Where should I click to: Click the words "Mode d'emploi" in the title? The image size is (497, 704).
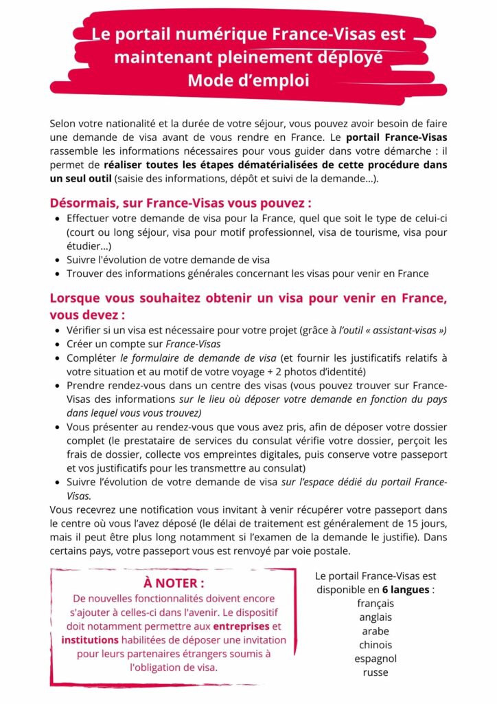click(x=248, y=80)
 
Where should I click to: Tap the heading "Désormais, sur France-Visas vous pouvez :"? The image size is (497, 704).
click(x=181, y=203)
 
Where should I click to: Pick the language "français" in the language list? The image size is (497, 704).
click(x=375, y=603)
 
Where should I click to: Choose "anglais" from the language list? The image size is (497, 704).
click(x=375, y=617)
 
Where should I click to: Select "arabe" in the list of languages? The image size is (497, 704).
click(x=375, y=630)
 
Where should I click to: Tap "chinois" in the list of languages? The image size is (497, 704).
click(x=375, y=644)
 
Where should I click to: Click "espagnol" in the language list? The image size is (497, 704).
click(x=375, y=658)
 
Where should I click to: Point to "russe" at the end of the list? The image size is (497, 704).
click(x=375, y=672)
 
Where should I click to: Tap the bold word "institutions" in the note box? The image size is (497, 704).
click(x=89, y=640)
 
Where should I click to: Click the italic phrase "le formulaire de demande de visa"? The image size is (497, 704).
click(x=198, y=357)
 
